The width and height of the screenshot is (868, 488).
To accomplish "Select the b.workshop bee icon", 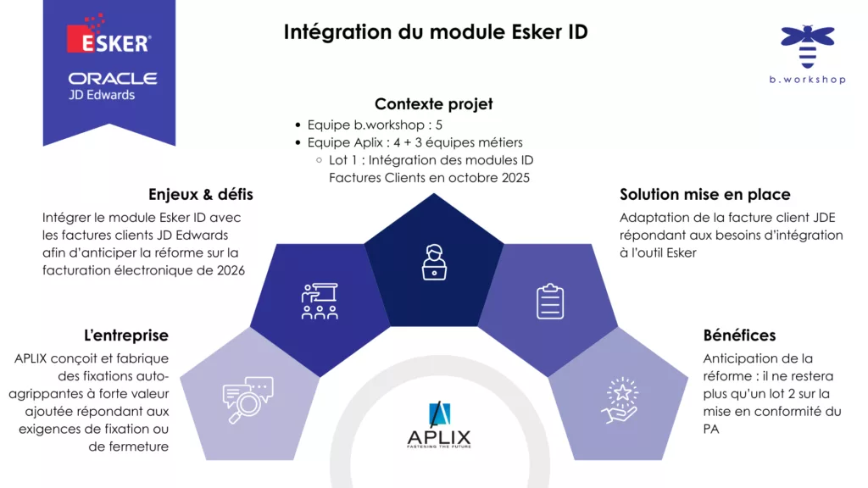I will [808, 45].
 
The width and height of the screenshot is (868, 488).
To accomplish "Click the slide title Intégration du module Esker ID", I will [435, 32].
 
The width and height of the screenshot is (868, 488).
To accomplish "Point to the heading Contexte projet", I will [433, 104].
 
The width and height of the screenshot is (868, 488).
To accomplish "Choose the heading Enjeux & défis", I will [201, 195].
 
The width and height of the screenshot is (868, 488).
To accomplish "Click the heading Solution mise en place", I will [705, 195].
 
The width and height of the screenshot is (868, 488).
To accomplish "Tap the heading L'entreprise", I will [126, 335].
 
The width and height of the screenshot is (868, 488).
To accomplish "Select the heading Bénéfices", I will [739, 335].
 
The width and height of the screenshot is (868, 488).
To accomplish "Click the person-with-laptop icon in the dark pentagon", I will [433, 262].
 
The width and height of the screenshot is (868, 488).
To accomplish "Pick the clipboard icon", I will [549, 301].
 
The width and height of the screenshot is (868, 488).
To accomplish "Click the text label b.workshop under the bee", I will [808, 80].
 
